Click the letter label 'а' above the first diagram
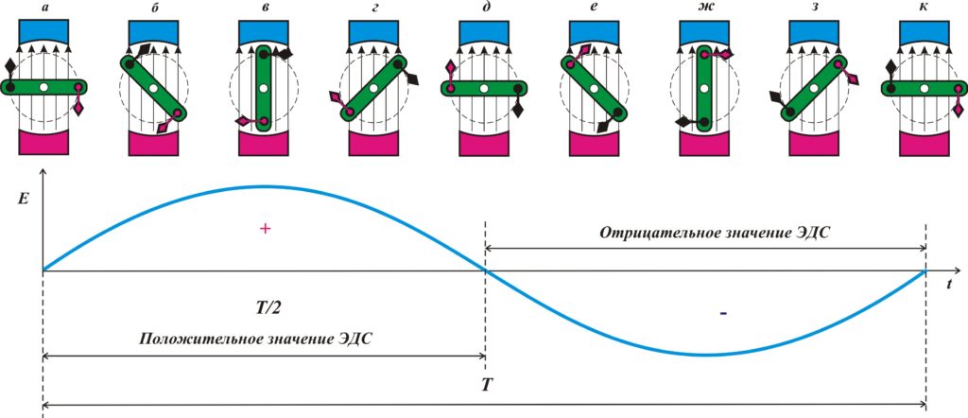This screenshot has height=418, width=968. click(x=43, y=9)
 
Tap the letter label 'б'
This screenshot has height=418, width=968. click(x=154, y=9)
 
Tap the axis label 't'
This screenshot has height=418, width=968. click(x=950, y=281)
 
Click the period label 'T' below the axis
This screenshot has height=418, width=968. click(x=486, y=388)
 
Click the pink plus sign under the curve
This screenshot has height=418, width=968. click(x=265, y=229)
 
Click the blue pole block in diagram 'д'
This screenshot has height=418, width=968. click(x=483, y=31)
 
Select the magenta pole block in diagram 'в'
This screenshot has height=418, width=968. click(x=263, y=143)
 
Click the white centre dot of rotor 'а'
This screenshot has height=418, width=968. click(x=43, y=88)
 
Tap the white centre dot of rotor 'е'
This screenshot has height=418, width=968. click(x=594, y=88)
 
